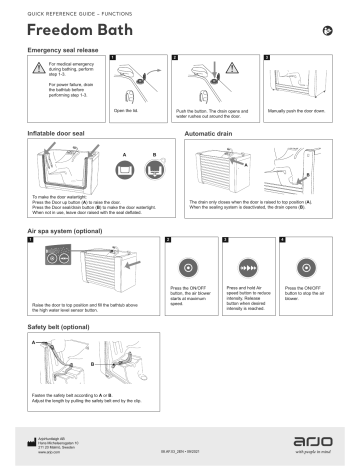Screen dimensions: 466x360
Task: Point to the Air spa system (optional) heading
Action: (x=71, y=230)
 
